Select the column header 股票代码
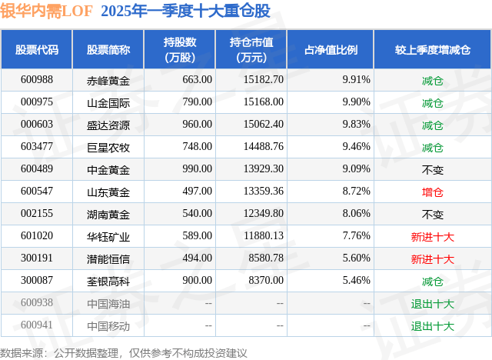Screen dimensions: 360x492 (x=37, y=49)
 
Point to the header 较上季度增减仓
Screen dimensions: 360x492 (x=433, y=49)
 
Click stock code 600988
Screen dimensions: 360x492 (x=37, y=80)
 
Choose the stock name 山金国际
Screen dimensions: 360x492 (x=108, y=102)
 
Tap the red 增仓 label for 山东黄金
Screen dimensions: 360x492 (x=433, y=192)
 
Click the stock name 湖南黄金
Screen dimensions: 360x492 (x=108, y=214)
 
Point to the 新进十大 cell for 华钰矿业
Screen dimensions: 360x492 (x=433, y=236)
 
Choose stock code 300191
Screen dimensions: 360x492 (x=37, y=258)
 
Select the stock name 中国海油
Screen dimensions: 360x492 (x=108, y=303)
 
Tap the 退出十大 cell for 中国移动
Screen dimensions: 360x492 (x=433, y=325)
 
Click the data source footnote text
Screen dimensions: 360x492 (x=124, y=352)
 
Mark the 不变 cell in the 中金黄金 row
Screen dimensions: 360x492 (x=433, y=169)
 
